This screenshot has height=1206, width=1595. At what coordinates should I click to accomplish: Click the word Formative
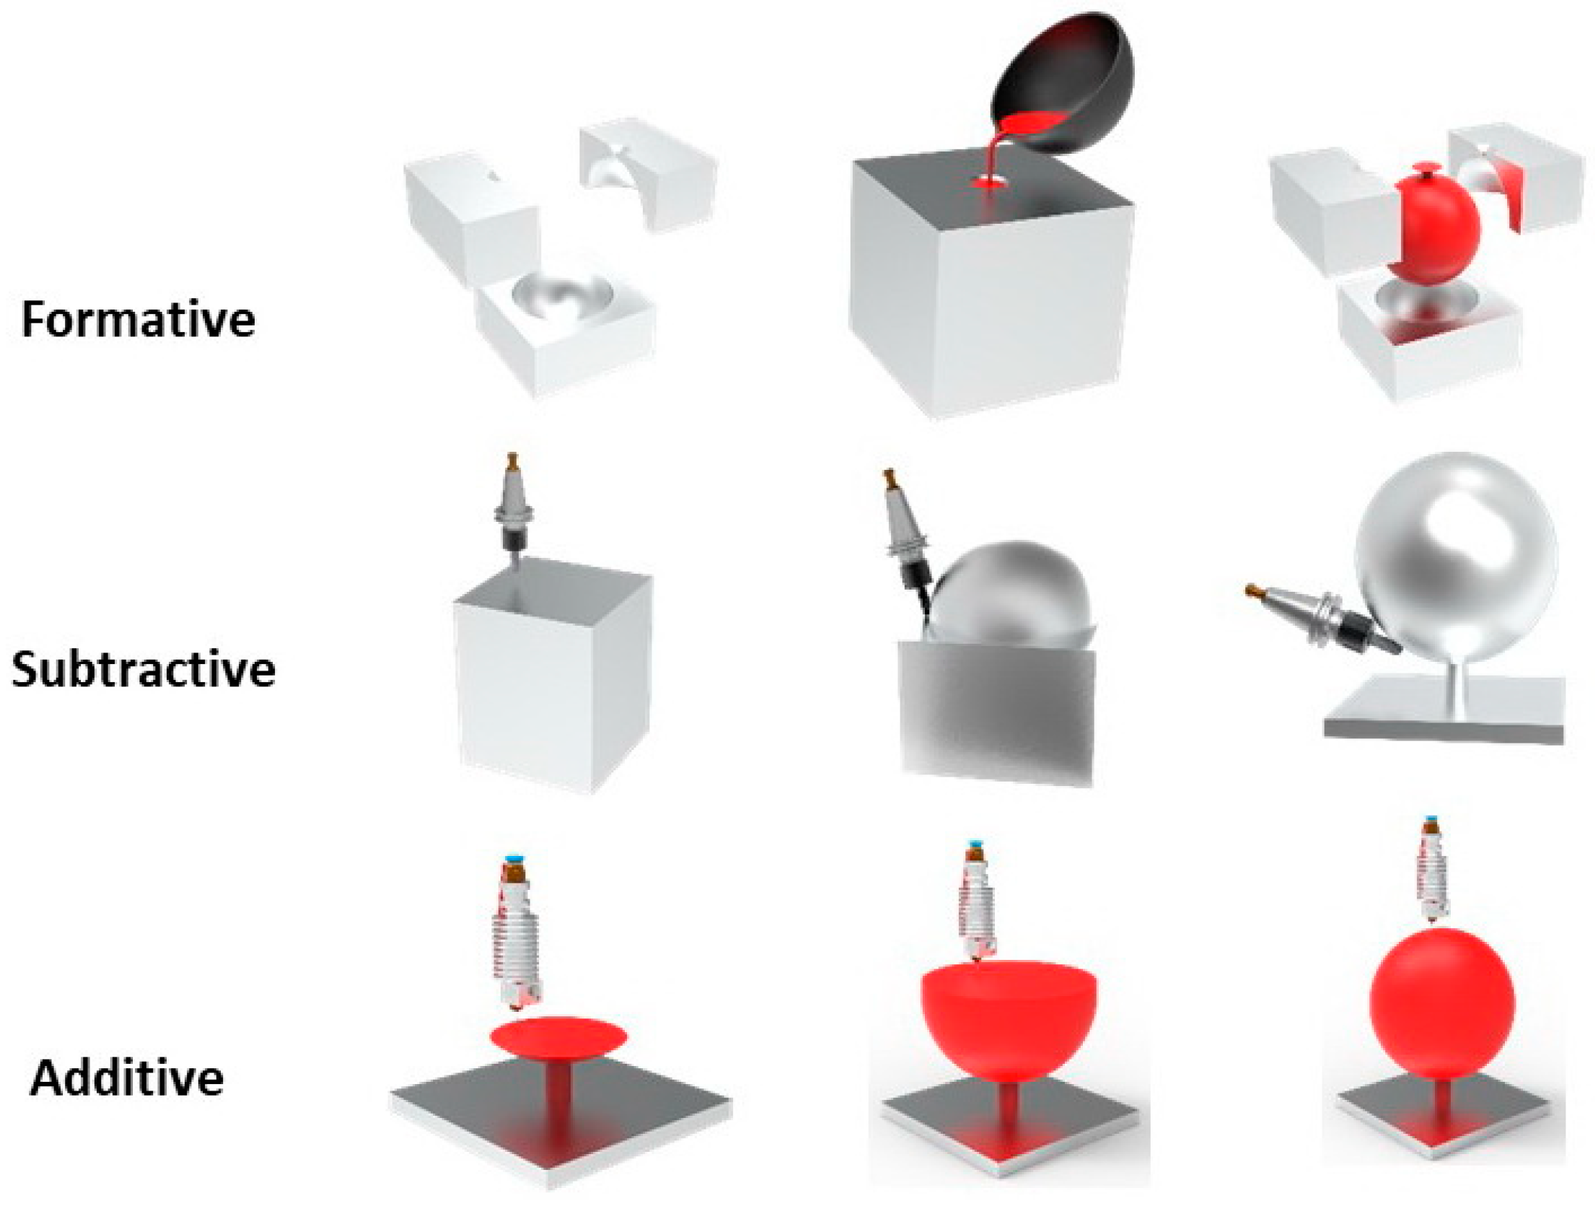(x=139, y=319)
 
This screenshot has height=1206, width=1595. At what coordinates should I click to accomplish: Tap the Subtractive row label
(x=144, y=669)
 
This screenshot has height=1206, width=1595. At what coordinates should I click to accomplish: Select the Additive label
(x=127, y=1078)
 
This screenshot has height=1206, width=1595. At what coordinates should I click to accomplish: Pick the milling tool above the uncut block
(x=513, y=510)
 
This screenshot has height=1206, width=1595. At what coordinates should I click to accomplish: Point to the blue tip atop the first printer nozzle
(x=514, y=857)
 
